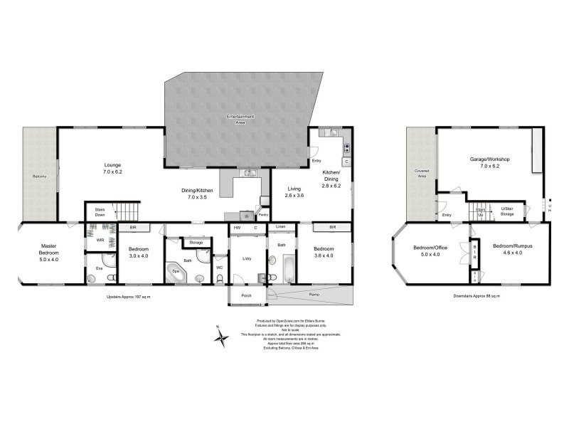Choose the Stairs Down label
(95, 213)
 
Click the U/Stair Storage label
(506, 211)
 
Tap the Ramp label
(314, 293)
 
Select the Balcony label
(38, 176)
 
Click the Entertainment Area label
(240, 117)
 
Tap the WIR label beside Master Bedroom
(100, 240)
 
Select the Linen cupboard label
(281, 228)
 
